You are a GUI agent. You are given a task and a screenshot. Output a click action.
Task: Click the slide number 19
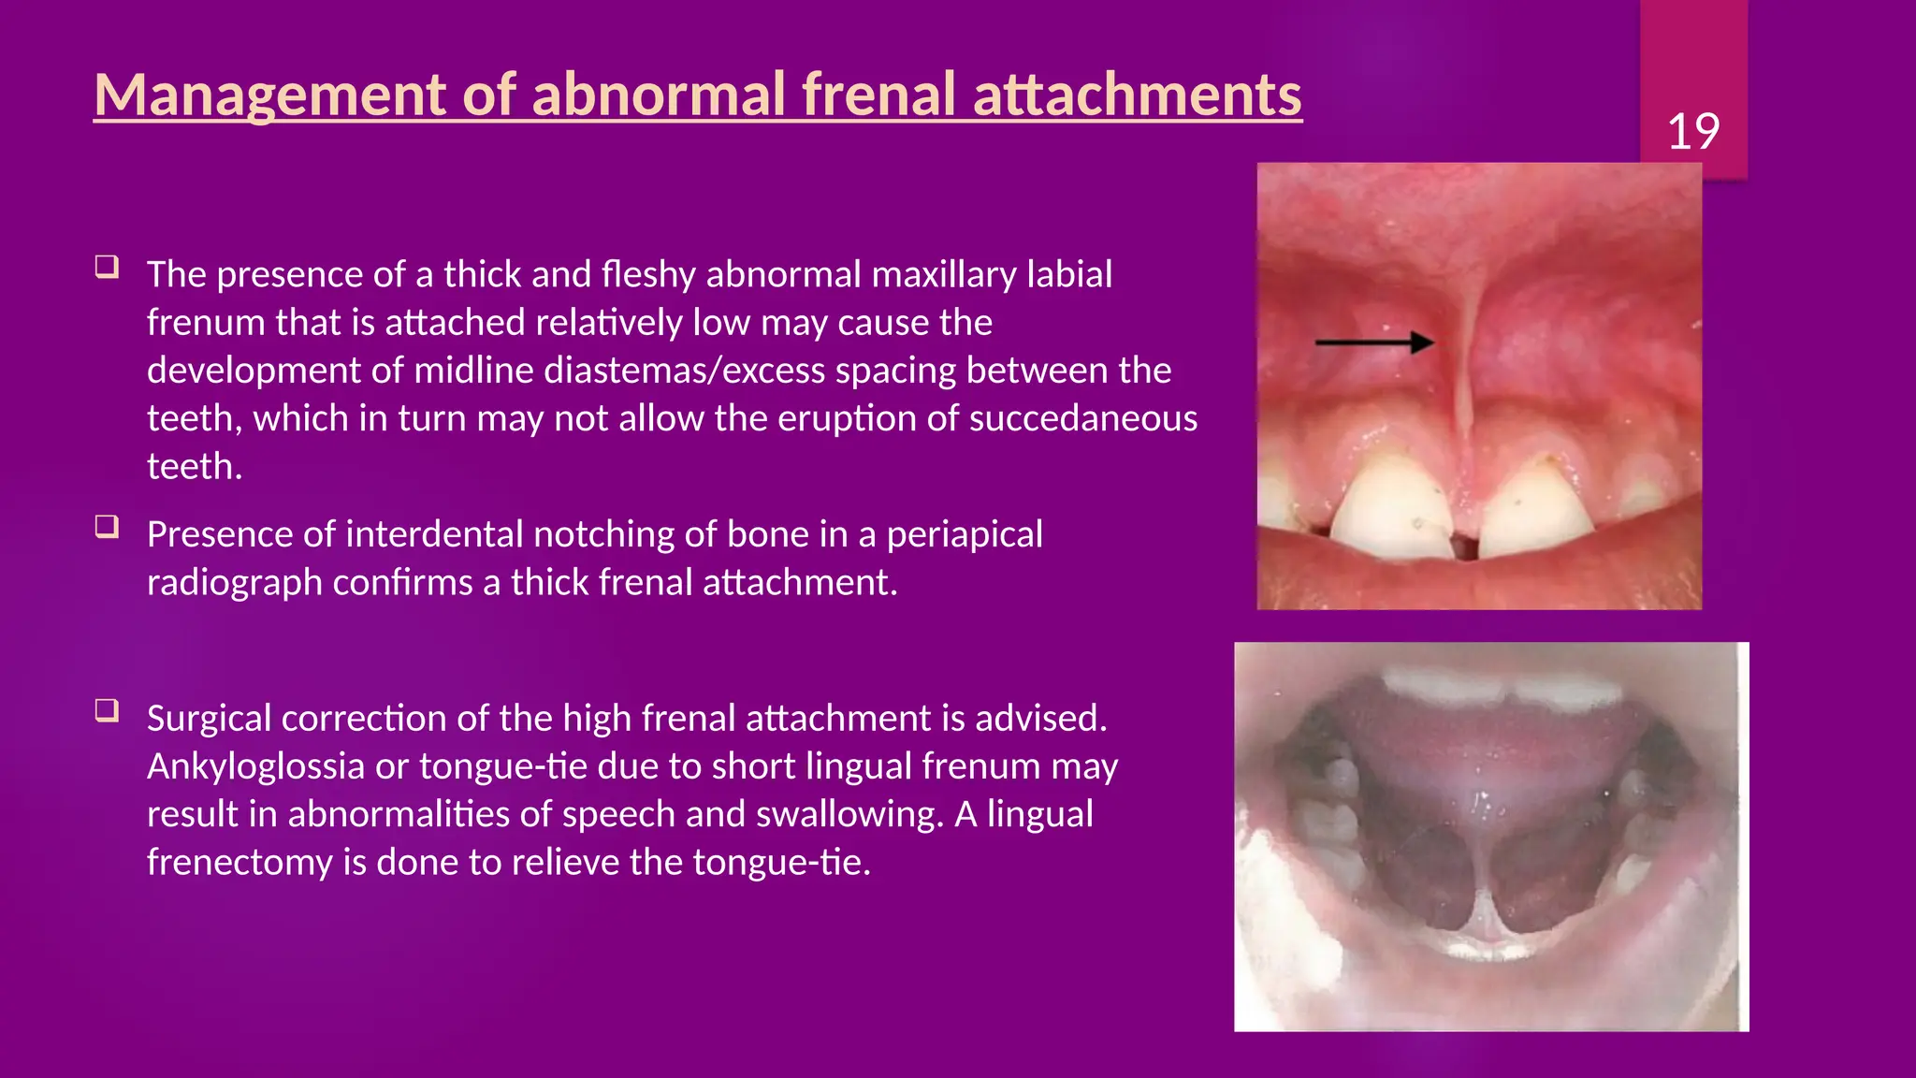(1692, 131)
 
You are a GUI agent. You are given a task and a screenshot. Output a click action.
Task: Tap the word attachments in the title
(1137, 95)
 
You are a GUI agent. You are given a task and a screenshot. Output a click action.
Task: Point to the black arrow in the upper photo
(1373, 342)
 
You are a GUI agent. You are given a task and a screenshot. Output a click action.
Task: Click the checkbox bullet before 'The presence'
(107, 268)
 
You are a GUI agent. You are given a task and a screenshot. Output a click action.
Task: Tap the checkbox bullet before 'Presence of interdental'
(107, 527)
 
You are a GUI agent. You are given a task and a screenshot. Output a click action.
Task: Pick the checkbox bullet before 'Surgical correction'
(107, 711)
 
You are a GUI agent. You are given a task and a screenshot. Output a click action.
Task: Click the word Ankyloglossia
(255, 766)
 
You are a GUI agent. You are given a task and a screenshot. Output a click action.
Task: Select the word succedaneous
(1082, 418)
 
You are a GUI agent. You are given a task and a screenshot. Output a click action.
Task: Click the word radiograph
(234, 583)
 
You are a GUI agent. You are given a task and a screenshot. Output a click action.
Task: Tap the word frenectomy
(239, 862)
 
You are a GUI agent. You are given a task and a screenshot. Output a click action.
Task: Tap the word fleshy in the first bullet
(648, 275)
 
